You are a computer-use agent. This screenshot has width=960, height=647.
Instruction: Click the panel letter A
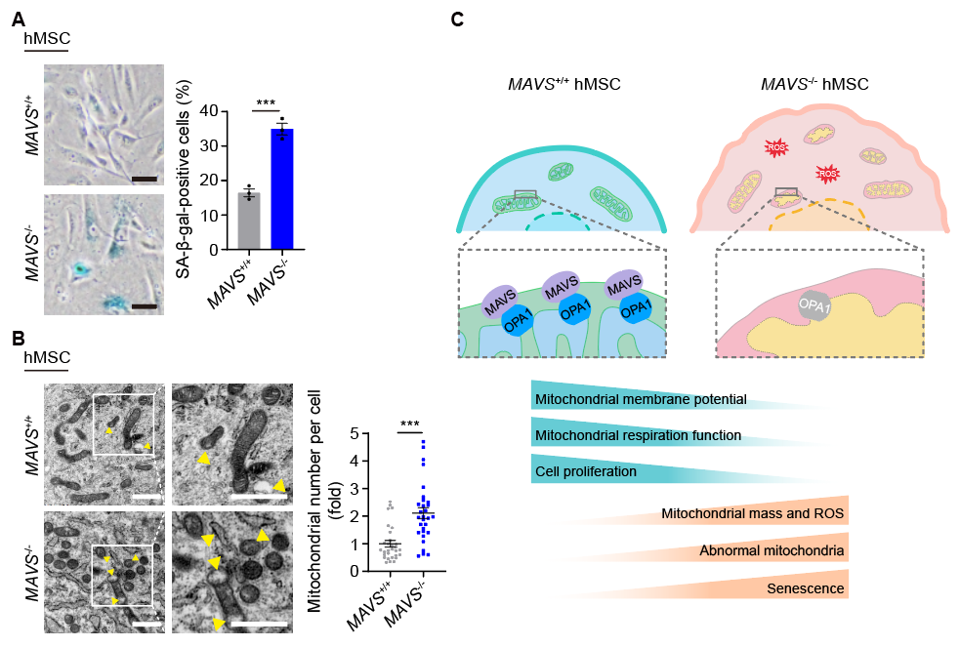pyautogui.click(x=31, y=20)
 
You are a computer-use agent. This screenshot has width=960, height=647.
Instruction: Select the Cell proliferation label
pyautogui.click(x=587, y=471)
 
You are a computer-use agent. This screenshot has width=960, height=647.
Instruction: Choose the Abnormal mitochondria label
pyautogui.click(x=772, y=550)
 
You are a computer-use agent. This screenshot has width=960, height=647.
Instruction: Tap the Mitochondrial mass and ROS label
pyautogui.click(x=752, y=512)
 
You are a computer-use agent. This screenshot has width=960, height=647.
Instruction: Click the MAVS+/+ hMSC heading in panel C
pyautogui.click(x=563, y=85)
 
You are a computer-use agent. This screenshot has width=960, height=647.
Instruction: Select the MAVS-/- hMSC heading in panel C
pyautogui.click(x=814, y=85)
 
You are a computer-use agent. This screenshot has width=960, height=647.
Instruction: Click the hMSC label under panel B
pyautogui.click(x=46, y=359)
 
